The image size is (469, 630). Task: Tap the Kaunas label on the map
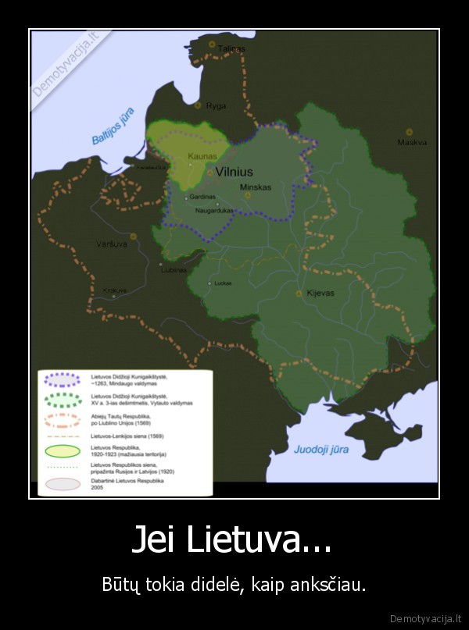(202, 156)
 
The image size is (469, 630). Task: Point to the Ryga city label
(216, 105)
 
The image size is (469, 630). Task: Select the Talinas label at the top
(231, 48)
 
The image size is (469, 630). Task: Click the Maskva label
(411, 142)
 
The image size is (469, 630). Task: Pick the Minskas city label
(256, 187)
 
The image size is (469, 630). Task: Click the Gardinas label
(202, 197)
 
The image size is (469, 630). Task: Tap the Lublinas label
(174, 269)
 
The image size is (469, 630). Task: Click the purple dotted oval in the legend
(63, 379)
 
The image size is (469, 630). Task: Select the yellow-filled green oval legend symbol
(63, 450)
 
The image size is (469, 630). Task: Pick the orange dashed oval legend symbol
(63, 419)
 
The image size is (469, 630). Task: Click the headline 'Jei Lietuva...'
(231, 540)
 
